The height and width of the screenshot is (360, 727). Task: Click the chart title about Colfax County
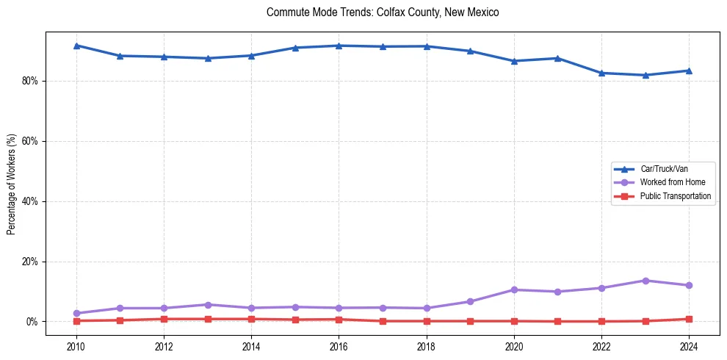click(x=383, y=12)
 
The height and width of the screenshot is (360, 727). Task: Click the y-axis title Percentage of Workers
click(x=11, y=184)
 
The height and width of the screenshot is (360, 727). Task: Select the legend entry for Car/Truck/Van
click(x=664, y=169)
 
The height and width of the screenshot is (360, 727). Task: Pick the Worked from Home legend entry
click(x=670, y=182)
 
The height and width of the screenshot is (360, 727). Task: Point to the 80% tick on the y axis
click(x=30, y=81)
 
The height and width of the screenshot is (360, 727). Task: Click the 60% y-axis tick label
click(x=30, y=141)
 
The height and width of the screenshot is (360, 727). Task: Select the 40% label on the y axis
click(x=30, y=201)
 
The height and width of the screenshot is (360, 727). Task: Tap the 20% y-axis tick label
click(x=30, y=262)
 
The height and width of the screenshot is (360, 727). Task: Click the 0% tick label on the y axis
click(x=32, y=322)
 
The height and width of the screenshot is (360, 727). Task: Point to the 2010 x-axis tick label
click(x=76, y=346)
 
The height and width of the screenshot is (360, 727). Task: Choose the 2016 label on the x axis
click(x=339, y=346)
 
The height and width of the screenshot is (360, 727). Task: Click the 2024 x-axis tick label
click(x=689, y=346)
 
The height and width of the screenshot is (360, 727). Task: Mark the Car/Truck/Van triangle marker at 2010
click(x=76, y=46)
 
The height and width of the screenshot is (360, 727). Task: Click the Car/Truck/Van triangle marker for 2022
click(x=601, y=73)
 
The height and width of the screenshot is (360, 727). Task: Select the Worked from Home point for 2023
click(x=645, y=281)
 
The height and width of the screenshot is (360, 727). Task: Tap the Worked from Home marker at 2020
click(x=514, y=289)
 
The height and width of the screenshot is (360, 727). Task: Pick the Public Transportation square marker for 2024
click(x=689, y=319)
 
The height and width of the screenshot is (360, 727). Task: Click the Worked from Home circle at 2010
click(x=76, y=313)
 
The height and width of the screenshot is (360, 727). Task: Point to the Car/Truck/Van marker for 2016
click(x=339, y=46)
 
